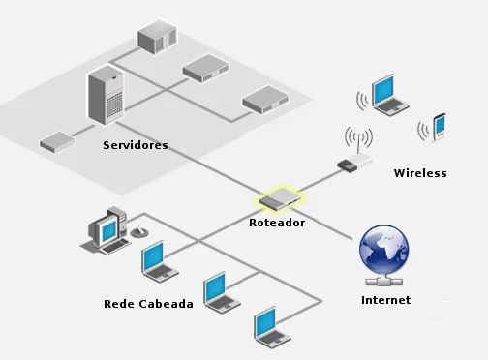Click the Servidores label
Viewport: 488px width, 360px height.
[136, 145]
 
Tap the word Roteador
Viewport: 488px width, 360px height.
[277, 223]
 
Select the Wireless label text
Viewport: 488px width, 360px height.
[420, 173]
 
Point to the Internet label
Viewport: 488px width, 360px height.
[385, 300]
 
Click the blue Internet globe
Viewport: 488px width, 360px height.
[384, 250]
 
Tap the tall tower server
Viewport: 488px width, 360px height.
[107, 95]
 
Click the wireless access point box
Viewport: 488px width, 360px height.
[354, 163]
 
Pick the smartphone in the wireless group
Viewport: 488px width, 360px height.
[439, 127]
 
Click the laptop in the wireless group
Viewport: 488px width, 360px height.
[389, 95]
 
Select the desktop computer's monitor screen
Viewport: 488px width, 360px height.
[108, 230]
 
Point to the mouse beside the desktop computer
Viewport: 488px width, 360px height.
[139, 232]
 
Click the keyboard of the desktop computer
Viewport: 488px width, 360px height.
[114, 247]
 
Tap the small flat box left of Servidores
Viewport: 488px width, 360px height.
[57, 141]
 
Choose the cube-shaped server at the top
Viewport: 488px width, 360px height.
[157, 38]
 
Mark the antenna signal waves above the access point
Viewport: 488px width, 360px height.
[358, 136]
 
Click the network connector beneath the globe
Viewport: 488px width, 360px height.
[384, 281]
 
